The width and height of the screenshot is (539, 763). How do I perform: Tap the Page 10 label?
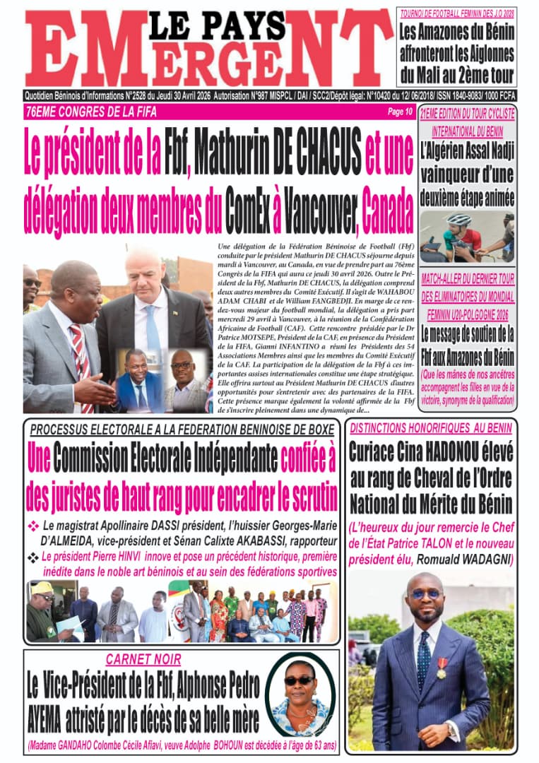[x=400, y=112]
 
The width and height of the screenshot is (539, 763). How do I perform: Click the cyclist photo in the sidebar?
[x=467, y=237]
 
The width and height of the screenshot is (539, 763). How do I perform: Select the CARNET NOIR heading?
[x=143, y=660]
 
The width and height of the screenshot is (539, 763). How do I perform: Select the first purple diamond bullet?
[x=33, y=526]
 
